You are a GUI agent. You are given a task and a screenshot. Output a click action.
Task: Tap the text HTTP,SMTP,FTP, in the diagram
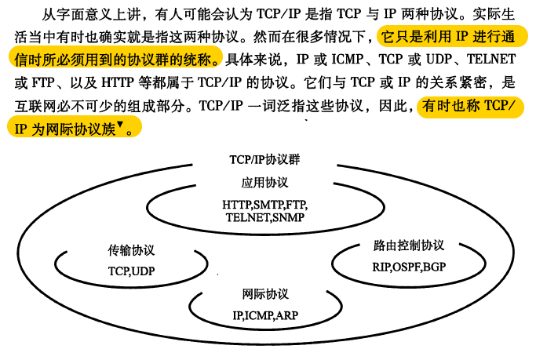click(264, 205)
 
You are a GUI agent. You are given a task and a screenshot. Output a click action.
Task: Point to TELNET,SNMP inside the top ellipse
click(264, 217)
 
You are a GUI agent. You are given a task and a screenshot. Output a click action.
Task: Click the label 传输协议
click(131, 251)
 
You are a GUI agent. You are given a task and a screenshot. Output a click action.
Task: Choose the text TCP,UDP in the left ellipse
click(131, 271)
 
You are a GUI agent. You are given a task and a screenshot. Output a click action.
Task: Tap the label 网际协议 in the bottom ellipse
click(265, 295)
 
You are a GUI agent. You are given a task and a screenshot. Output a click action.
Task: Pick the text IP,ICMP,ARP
click(265, 316)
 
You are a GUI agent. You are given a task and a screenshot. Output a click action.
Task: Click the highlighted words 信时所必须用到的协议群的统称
click(111, 60)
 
